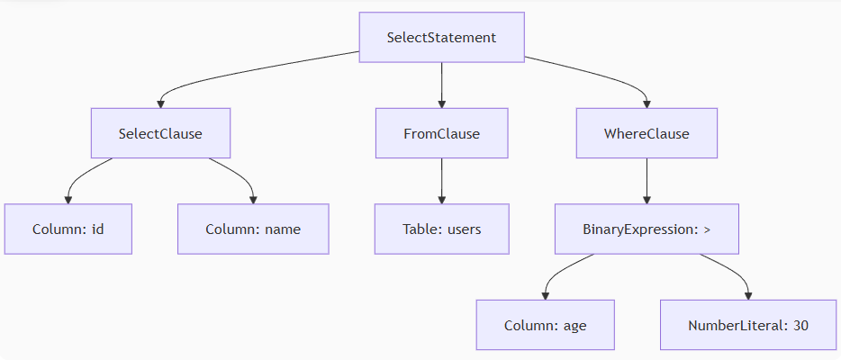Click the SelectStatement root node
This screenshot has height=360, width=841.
[x=441, y=38]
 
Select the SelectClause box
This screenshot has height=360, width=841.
[x=160, y=133]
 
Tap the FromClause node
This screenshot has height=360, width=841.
[x=441, y=133]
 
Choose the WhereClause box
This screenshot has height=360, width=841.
[x=647, y=133]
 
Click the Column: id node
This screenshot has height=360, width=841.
[x=68, y=229]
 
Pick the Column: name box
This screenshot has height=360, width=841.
[x=253, y=229]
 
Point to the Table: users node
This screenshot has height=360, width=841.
[x=441, y=229]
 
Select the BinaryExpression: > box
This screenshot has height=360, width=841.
[x=647, y=229]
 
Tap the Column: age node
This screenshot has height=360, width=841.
[x=545, y=325]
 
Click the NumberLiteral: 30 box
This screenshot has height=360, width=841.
[x=748, y=325]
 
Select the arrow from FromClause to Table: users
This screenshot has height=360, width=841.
[x=441, y=181]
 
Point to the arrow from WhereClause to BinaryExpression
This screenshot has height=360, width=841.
[x=647, y=181]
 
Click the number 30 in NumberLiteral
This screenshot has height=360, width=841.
[x=800, y=325]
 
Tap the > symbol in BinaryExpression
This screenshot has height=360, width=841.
[x=707, y=229]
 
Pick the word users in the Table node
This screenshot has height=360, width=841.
[x=463, y=229]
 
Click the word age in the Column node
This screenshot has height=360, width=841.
[x=574, y=325]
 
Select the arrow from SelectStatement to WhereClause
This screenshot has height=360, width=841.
[x=612, y=76]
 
